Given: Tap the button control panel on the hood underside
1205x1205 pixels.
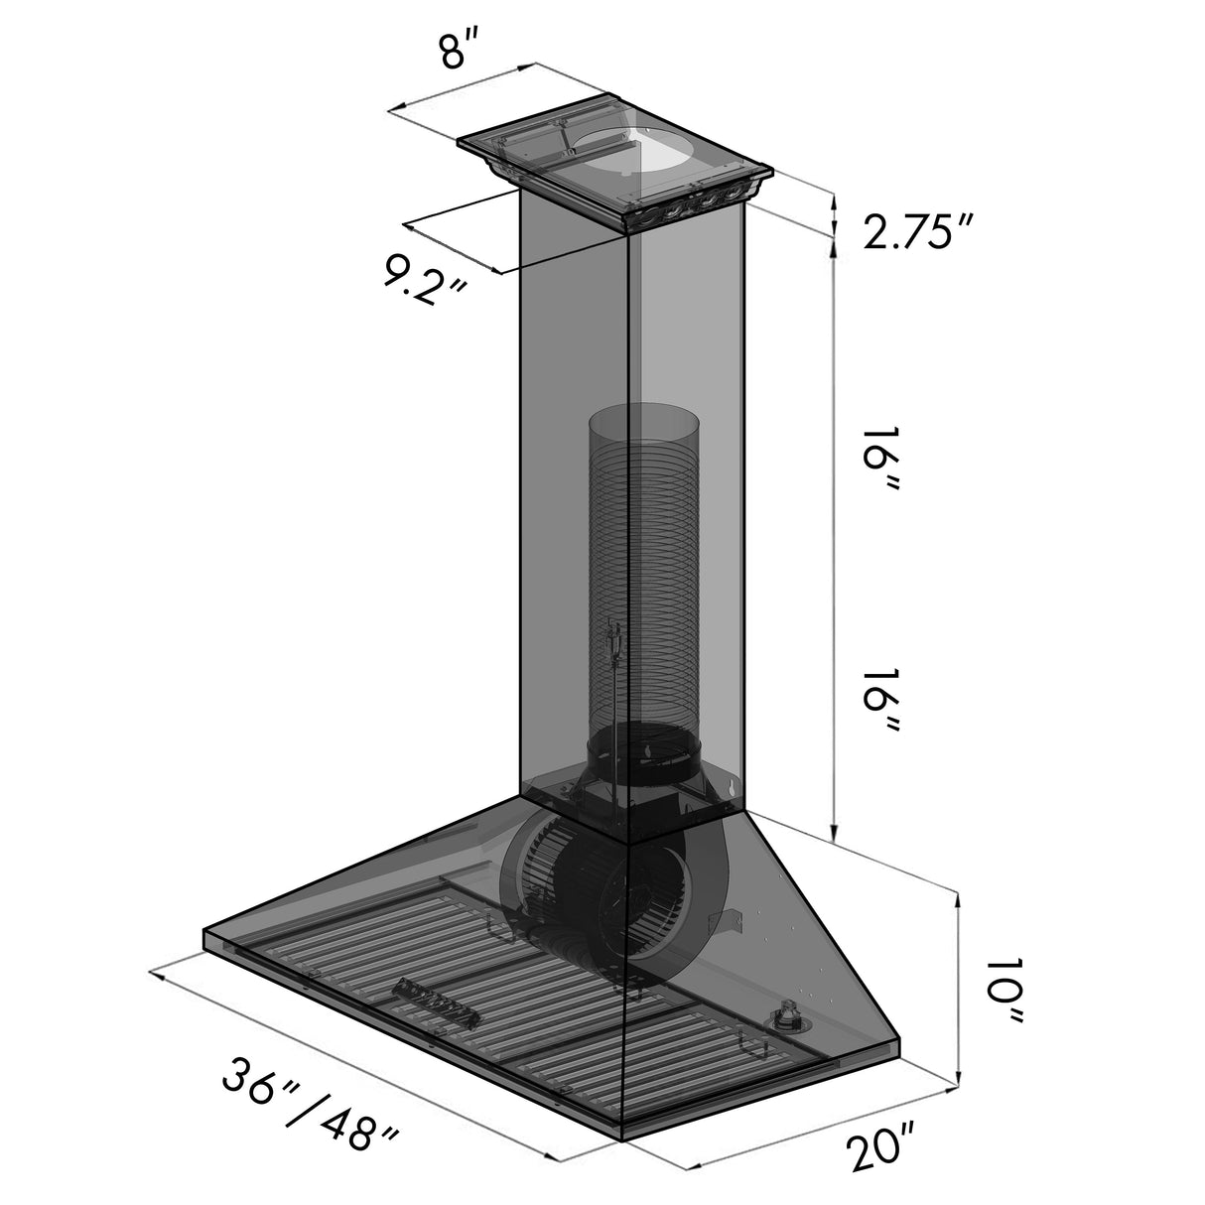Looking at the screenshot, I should (x=437, y=997).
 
